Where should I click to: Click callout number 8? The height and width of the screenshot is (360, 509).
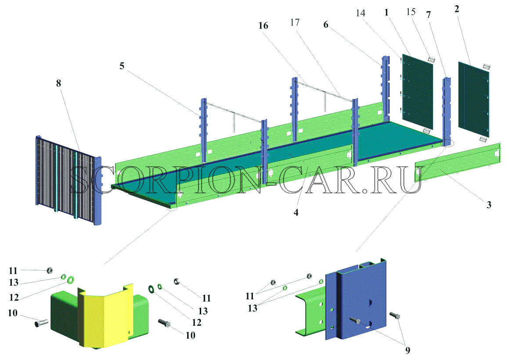tap(58, 83)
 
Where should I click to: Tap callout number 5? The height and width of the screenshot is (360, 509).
tap(122, 66)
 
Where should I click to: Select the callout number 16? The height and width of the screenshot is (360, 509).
tap(263, 25)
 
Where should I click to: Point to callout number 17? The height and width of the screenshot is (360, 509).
tap(295, 22)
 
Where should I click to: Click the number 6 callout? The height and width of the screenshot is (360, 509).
tap(325, 25)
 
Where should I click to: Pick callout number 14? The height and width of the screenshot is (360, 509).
tap(360, 13)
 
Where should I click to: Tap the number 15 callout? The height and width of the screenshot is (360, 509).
tap(411, 12)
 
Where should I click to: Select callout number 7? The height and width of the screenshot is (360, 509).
tap(429, 15)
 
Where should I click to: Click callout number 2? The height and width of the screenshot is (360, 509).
tap(457, 9)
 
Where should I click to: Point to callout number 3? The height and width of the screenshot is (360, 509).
tap(489, 205)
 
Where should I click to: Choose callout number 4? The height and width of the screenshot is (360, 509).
tap(296, 212)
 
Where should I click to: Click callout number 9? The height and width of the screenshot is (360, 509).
tap(408, 350)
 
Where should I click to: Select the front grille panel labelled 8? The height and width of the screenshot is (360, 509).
tap(69, 180)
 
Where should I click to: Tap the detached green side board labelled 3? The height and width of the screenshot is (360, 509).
tap(458, 162)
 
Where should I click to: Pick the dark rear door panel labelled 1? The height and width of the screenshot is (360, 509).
tap(418, 91)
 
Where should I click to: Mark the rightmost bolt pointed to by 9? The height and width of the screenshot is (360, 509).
tap(394, 315)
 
